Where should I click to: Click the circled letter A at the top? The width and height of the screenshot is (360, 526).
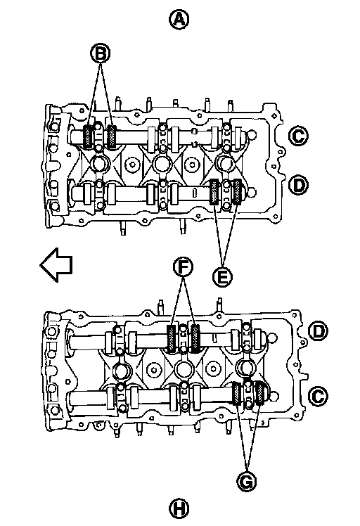pyautogui.click(x=179, y=19)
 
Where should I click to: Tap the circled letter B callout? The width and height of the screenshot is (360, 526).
pyautogui.click(x=101, y=53)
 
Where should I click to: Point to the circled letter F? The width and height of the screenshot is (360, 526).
pyautogui.click(x=183, y=267)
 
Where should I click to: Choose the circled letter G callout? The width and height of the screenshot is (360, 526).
pyautogui.click(x=247, y=482)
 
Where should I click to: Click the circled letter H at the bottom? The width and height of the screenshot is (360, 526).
pyautogui.click(x=179, y=508)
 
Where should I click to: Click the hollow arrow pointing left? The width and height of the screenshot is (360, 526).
pyautogui.click(x=56, y=264)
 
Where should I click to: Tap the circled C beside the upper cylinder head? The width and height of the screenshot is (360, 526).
pyautogui.click(x=298, y=136)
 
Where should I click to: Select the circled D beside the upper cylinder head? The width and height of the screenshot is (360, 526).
pyautogui.click(x=298, y=185)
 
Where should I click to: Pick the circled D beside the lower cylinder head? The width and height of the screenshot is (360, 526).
pyautogui.click(x=318, y=331)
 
